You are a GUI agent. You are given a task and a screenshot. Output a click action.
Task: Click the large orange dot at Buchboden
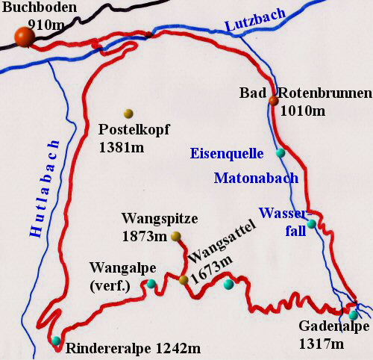[x=24, y=38]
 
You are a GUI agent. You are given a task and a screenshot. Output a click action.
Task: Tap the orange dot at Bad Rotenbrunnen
[x=273, y=101]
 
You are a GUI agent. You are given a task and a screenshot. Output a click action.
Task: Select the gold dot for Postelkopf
[x=128, y=114]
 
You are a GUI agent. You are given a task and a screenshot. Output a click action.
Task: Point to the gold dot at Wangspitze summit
[x=176, y=237]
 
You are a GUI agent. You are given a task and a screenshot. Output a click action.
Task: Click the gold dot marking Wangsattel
[x=184, y=280]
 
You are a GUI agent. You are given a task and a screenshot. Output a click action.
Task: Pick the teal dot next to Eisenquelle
[x=280, y=153]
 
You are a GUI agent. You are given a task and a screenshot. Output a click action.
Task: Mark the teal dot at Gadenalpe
[x=354, y=315]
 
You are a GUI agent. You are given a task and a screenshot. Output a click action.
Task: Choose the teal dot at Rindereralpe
[x=57, y=341]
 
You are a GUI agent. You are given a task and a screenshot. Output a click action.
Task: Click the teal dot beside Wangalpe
[x=151, y=283]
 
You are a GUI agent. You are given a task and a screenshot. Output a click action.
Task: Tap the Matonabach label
[x=256, y=179]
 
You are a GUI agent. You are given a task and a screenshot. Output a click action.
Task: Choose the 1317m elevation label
[x=321, y=344]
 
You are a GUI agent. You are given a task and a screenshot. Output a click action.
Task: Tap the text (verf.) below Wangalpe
[x=109, y=284]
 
